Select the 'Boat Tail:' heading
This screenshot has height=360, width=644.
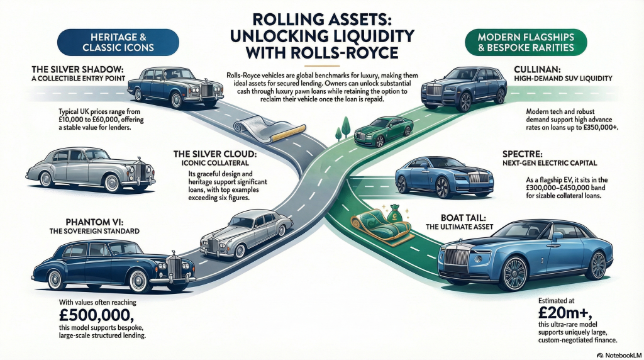tap(547, 219)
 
